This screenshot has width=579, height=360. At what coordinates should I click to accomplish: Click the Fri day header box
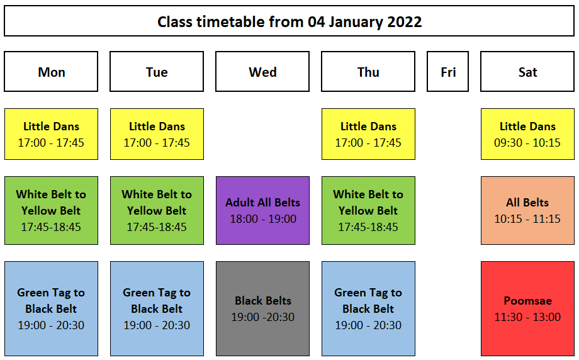pos(447,71)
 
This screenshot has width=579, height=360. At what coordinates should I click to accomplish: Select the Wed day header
pos(262,71)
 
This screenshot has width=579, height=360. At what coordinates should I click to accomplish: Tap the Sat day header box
pos(527,71)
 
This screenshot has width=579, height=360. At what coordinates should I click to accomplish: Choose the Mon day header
pos(51,71)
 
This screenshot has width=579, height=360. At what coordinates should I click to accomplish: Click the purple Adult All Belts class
pos(262,210)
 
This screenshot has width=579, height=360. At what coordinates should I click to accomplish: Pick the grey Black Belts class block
pos(262,308)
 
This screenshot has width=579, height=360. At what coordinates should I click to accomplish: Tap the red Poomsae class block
pos(527,308)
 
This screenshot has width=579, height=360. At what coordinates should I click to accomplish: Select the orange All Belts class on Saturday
pos(527,210)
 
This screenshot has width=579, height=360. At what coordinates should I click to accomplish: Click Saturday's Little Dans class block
pos(527,134)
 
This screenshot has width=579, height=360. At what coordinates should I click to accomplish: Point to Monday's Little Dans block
pos(51,134)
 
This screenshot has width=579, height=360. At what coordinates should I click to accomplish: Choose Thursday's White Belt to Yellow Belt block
pos(368,210)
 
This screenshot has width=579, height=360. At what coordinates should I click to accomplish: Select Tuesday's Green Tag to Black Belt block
pos(157,308)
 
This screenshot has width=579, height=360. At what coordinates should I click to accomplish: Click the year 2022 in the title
pos(404,22)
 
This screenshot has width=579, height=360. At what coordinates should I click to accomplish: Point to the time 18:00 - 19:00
pos(263,219)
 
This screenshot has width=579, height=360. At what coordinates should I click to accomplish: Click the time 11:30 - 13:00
pos(527,317)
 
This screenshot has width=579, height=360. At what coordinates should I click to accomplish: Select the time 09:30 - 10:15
pos(527,143)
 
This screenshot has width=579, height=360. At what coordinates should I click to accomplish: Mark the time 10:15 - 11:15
pos(527,219)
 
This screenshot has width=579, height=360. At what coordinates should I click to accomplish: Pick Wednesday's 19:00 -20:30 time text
pos(263,317)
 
